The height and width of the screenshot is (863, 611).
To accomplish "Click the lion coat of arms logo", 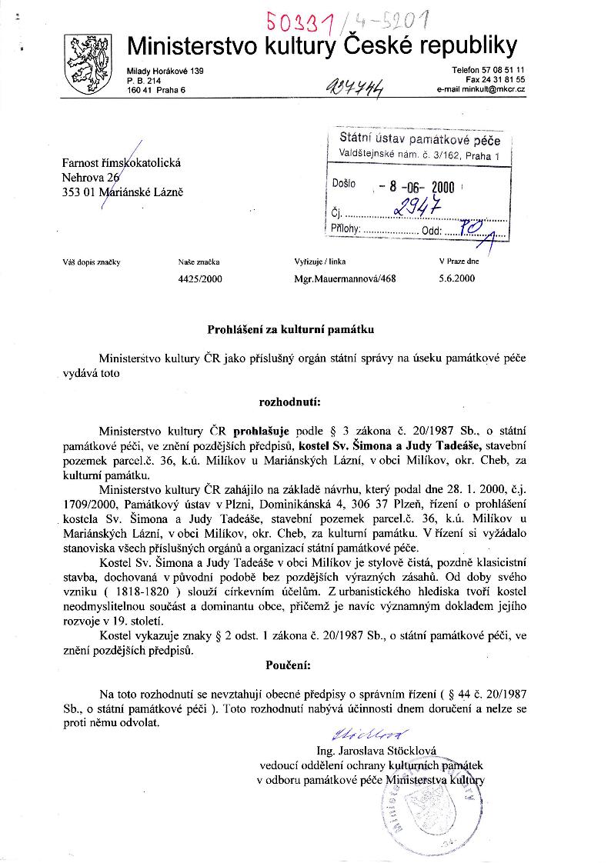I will tap(86, 65).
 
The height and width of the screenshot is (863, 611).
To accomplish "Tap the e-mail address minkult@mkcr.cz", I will tap(480, 90).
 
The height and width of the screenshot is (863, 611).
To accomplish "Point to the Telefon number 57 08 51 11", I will tap(488, 70).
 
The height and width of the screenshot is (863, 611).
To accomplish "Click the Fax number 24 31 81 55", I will tap(495, 80).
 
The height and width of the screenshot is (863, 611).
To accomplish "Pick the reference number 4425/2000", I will tap(199, 279).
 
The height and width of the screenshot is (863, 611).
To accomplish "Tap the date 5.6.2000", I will tap(457, 279).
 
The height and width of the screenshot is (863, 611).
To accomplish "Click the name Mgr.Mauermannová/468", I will tap(345, 279).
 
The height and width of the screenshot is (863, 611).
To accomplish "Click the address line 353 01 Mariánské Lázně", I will tap(123, 192).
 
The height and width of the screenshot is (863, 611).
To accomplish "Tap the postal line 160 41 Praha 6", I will tap(158, 90).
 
